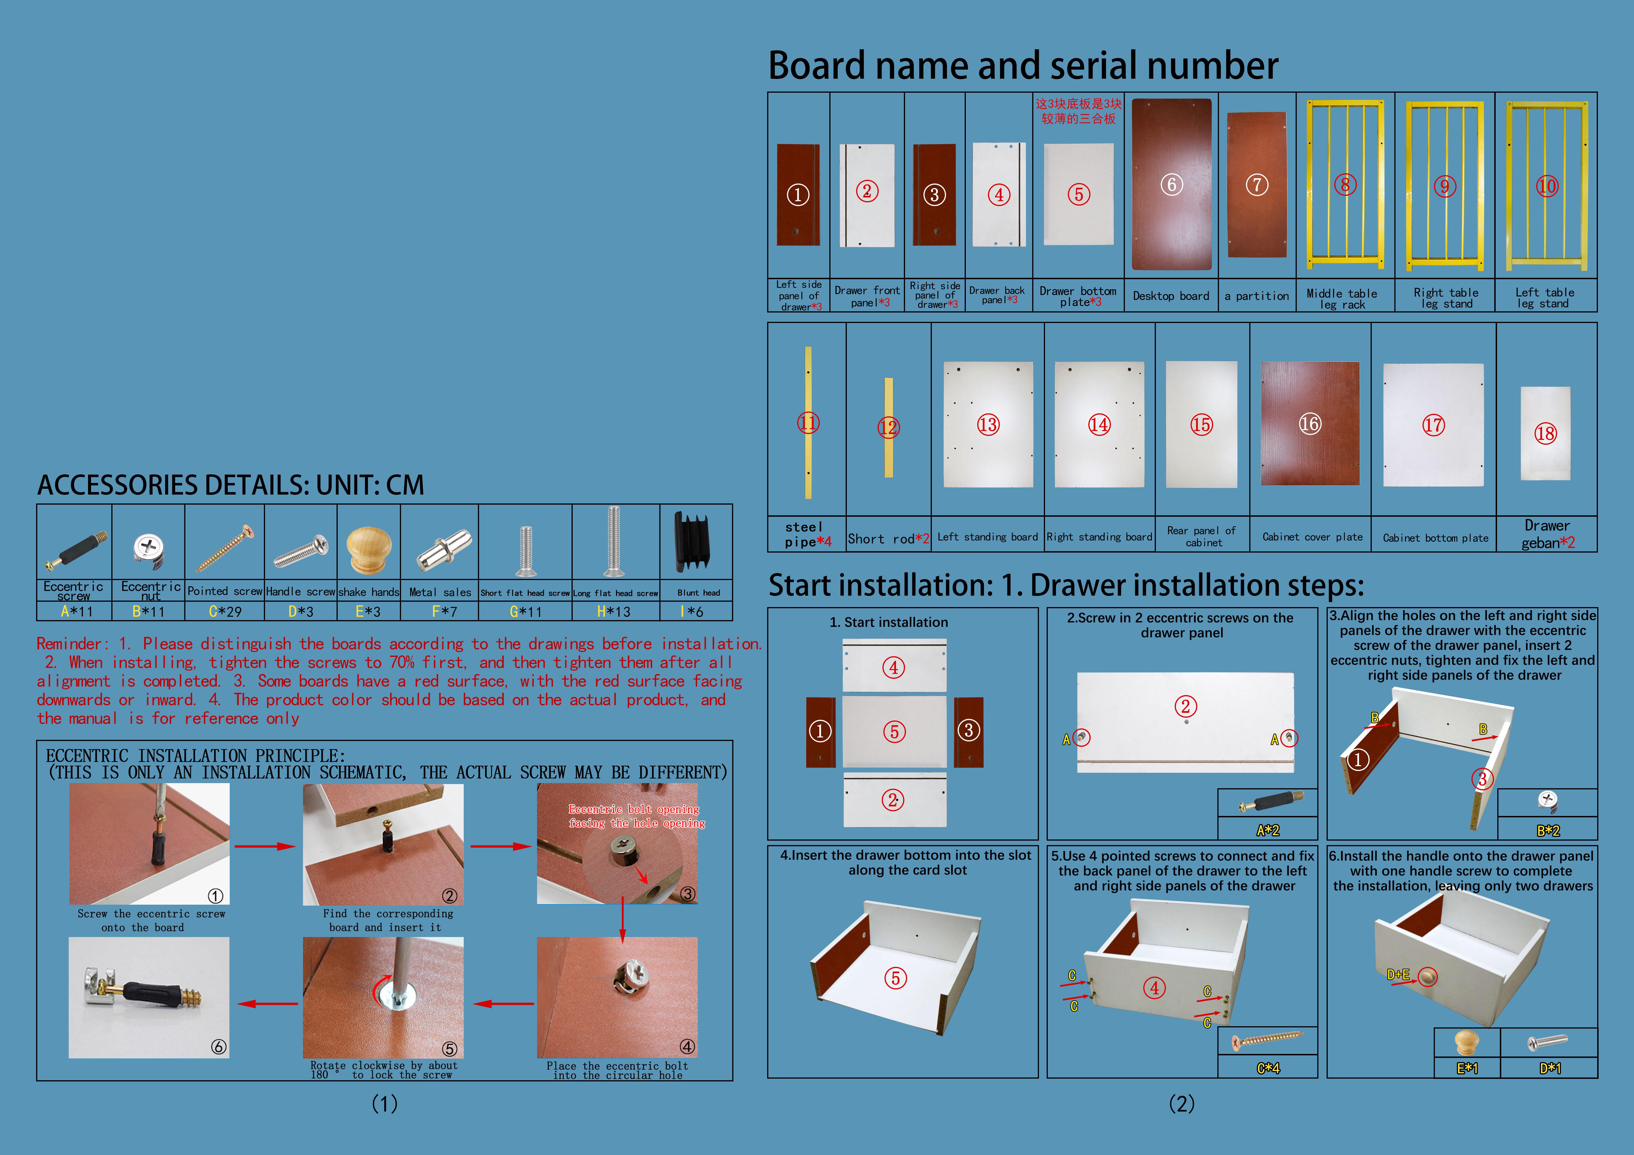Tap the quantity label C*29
pyautogui.click(x=225, y=611)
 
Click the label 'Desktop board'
pyautogui.click(x=1171, y=296)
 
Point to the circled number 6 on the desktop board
pyautogui.click(x=1171, y=185)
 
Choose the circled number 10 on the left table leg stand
pyautogui.click(x=1546, y=187)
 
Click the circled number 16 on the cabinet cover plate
pyautogui.click(x=1310, y=424)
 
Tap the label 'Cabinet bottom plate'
pyautogui.click(x=1435, y=538)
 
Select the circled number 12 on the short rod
pyautogui.click(x=888, y=428)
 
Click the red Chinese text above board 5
pyautogui.click(x=1078, y=111)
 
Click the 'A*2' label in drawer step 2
pyautogui.click(x=1267, y=830)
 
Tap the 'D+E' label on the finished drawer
pyautogui.click(x=1398, y=974)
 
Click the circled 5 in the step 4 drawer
pyautogui.click(x=895, y=978)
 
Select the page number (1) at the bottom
pyautogui.click(x=384, y=1104)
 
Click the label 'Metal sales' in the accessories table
pyautogui.click(x=440, y=592)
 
